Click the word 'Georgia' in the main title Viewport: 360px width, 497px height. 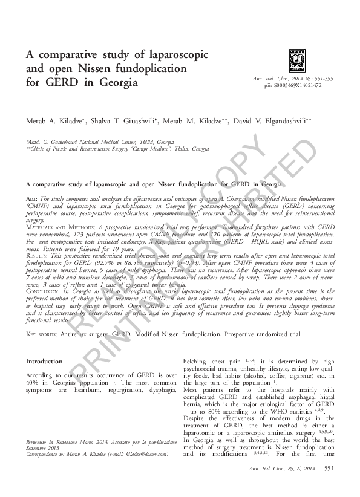[x=113, y=81]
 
